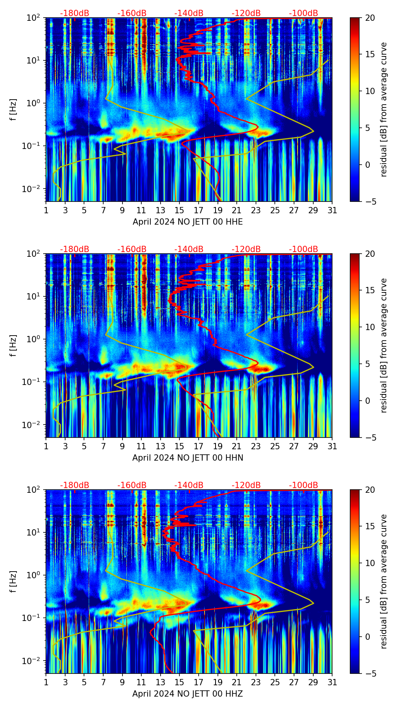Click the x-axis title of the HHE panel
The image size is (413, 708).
(188, 222)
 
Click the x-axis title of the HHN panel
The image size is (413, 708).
(188, 458)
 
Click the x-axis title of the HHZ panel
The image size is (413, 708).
(188, 694)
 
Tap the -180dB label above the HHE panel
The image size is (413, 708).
(75, 13)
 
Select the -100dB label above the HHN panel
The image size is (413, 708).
(303, 249)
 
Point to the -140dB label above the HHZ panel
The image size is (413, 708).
(189, 485)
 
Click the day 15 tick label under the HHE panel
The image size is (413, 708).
(179, 210)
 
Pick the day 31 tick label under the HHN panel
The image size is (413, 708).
(332, 446)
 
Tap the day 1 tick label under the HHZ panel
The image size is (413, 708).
(46, 682)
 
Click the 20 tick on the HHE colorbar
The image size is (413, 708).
(369, 18)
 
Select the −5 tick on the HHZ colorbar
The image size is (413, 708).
(369, 674)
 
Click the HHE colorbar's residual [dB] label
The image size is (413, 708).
(384, 109)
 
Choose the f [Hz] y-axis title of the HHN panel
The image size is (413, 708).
(13, 345)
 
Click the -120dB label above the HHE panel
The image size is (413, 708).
(246, 13)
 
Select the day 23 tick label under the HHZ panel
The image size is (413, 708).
(256, 682)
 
